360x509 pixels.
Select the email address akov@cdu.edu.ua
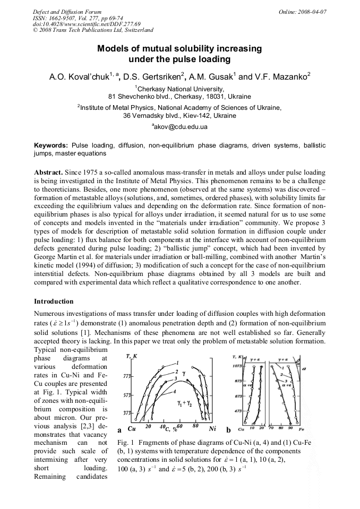click(181, 127)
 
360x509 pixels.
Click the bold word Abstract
click(48, 173)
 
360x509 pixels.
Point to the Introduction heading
click(54, 301)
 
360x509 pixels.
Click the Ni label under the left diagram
click(213, 428)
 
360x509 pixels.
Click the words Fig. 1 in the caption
click(123, 443)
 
